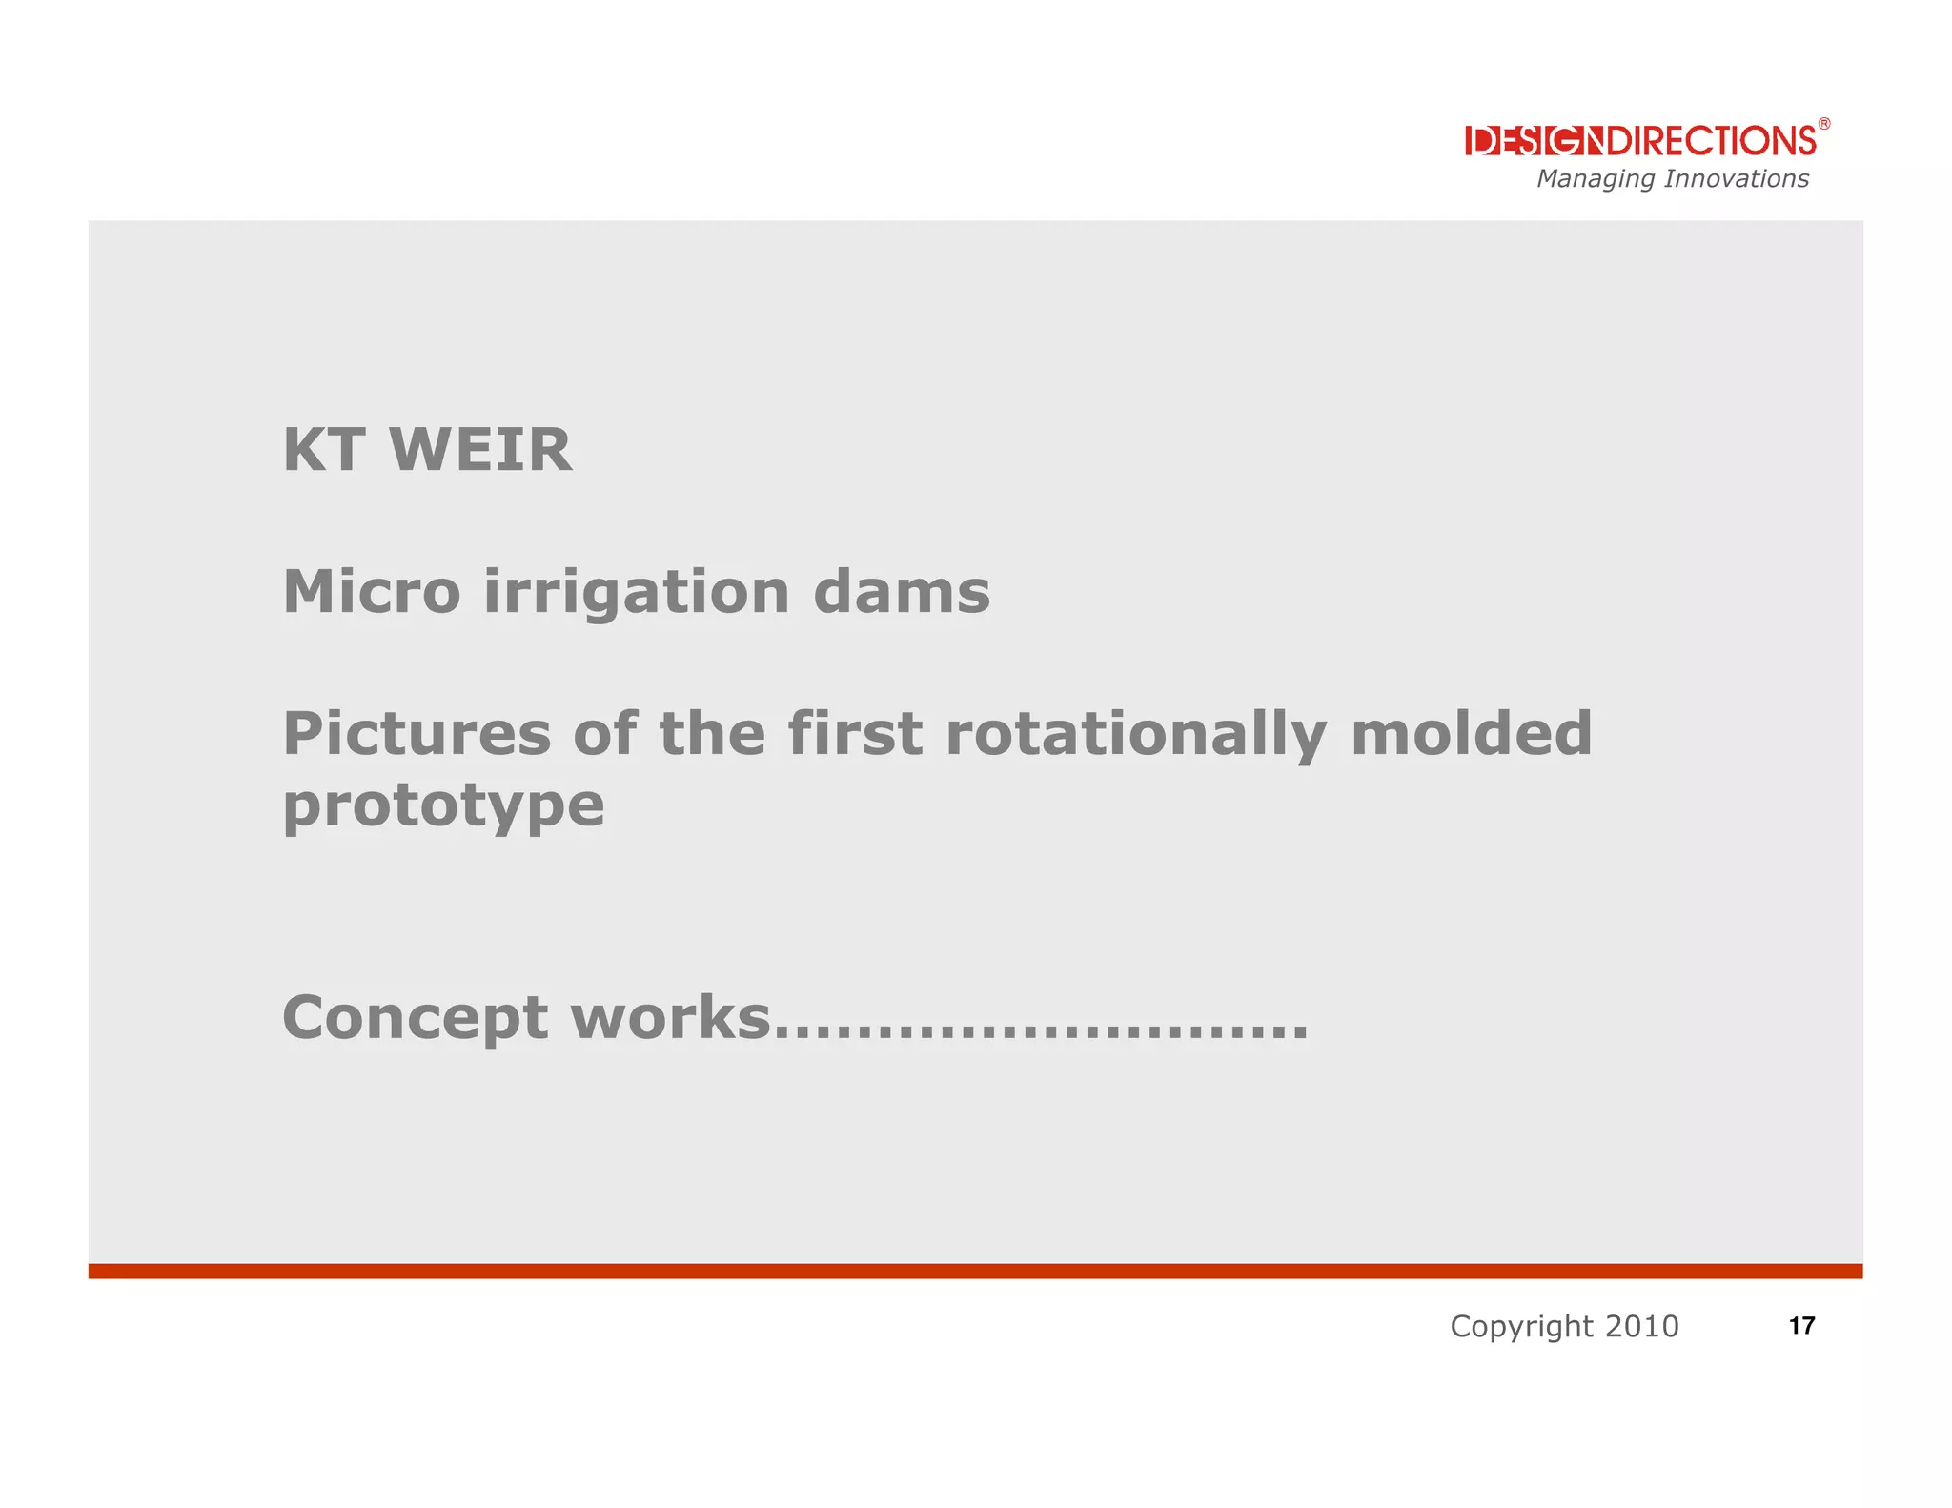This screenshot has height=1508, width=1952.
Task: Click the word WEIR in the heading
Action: pyautogui.click(x=480, y=450)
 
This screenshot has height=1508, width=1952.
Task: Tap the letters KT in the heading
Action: pyautogui.click(x=324, y=450)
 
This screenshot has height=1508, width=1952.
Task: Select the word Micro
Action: pyautogui.click(x=372, y=592)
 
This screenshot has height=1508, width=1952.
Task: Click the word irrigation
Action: pyautogui.click(x=637, y=592)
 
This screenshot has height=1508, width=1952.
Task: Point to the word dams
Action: pyautogui.click(x=902, y=592)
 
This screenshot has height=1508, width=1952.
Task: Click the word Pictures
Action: pyautogui.click(x=417, y=734)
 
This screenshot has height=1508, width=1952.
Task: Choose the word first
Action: pyautogui.click(x=854, y=734)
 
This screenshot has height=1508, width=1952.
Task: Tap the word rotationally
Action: pyautogui.click(x=1135, y=736)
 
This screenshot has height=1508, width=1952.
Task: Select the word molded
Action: pyautogui.click(x=1471, y=734)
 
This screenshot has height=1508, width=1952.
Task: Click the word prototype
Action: pyautogui.click(x=443, y=806)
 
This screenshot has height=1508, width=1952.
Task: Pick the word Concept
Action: pyautogui.click(x=415, y=1018)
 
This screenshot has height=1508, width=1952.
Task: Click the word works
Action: pyautogui.click(x=670, y=1018)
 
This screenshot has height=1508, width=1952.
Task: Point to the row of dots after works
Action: pyautogui.click(x=1041, y=1035)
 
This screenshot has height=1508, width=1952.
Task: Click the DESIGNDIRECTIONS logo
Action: pyautogui.click(x=1640, y=141)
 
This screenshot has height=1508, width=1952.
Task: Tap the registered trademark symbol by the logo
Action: pyautogui.click(x=1823, y=124)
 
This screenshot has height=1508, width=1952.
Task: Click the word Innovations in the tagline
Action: pyautogui.click(x=1736, y=179)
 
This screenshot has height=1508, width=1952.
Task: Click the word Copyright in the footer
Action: pyautogui.click(x=1521, y=1326)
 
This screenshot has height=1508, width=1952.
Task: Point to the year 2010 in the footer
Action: pyautogui.click(x=1641, y=1326)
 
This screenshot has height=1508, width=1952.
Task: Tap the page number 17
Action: pyautogui.click(x=1801, y=1326)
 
